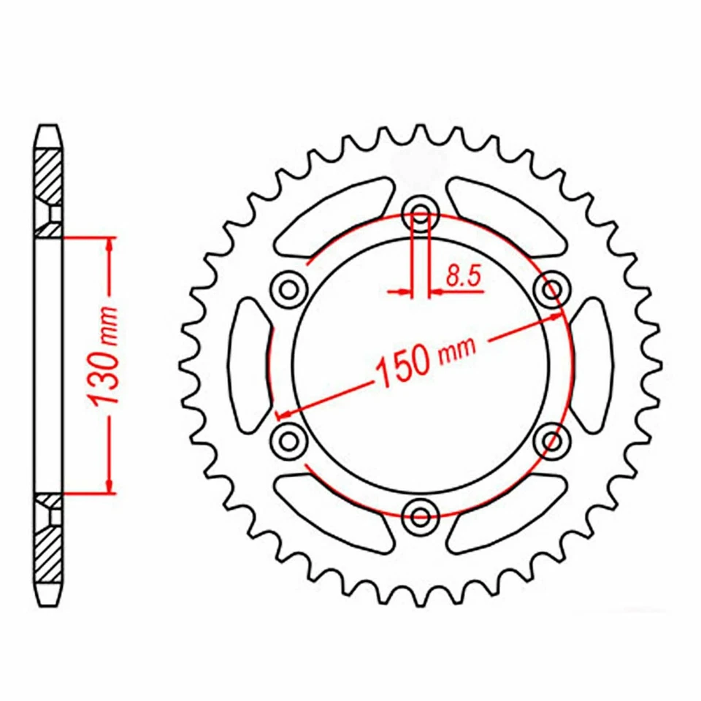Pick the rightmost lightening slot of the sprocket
pos(592,364)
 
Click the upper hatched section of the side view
pos(49,175)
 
